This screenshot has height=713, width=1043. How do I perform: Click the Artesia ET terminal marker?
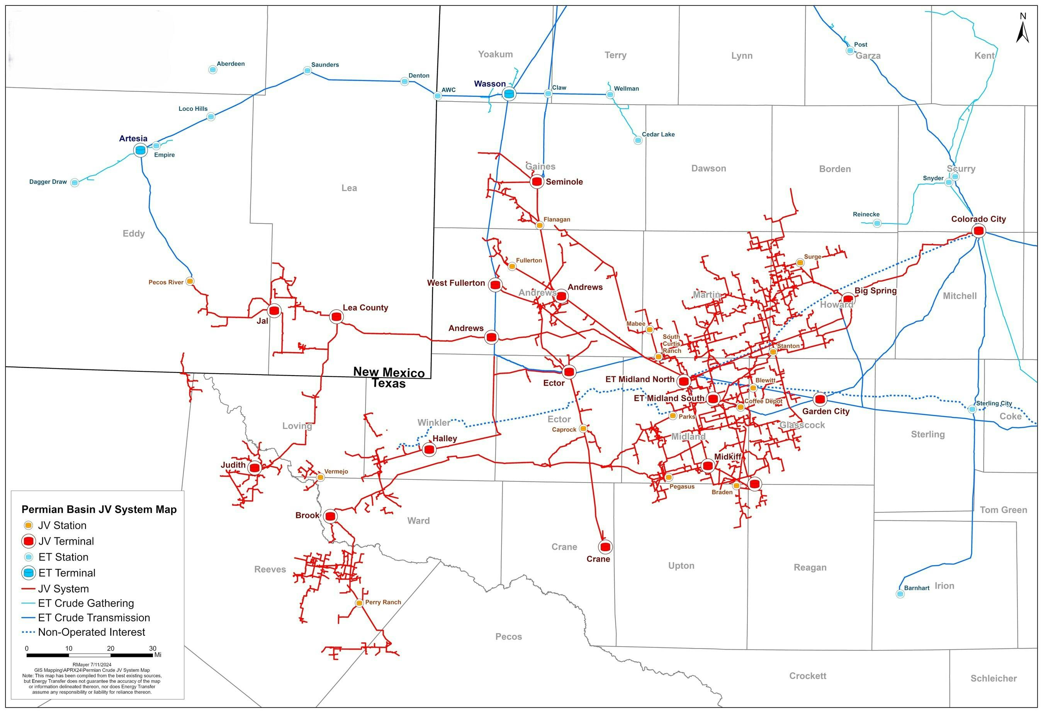[x=141, y=150]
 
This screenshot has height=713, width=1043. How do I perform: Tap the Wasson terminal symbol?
[x=509, y=94]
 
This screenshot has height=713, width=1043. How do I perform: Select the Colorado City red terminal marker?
[x=978, y=231]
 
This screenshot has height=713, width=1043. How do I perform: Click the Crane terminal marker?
[x=605, y=547]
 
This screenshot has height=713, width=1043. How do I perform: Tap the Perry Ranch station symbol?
[x=359, y=603]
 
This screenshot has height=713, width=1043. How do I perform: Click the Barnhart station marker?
[x=900, y=594]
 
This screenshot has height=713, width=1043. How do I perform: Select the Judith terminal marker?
[x=255, y=468]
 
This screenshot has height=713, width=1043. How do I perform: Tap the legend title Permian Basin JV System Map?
[x=99, y=510]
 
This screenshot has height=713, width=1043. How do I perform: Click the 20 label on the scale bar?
[x=110, y=649]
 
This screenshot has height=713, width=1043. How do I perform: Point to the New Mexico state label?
[x=389, y=372]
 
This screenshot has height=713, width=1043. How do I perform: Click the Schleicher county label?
[x=993, y=678]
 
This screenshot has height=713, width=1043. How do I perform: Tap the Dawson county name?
[x=708, y=169]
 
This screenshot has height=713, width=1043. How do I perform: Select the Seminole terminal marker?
[x=537, y=181]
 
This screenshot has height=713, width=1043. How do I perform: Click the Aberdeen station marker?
[x=213, y=69]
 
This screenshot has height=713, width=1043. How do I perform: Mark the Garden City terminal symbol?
[x=820, y=399]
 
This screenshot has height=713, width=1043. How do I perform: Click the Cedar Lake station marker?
[x=638, y=141]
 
